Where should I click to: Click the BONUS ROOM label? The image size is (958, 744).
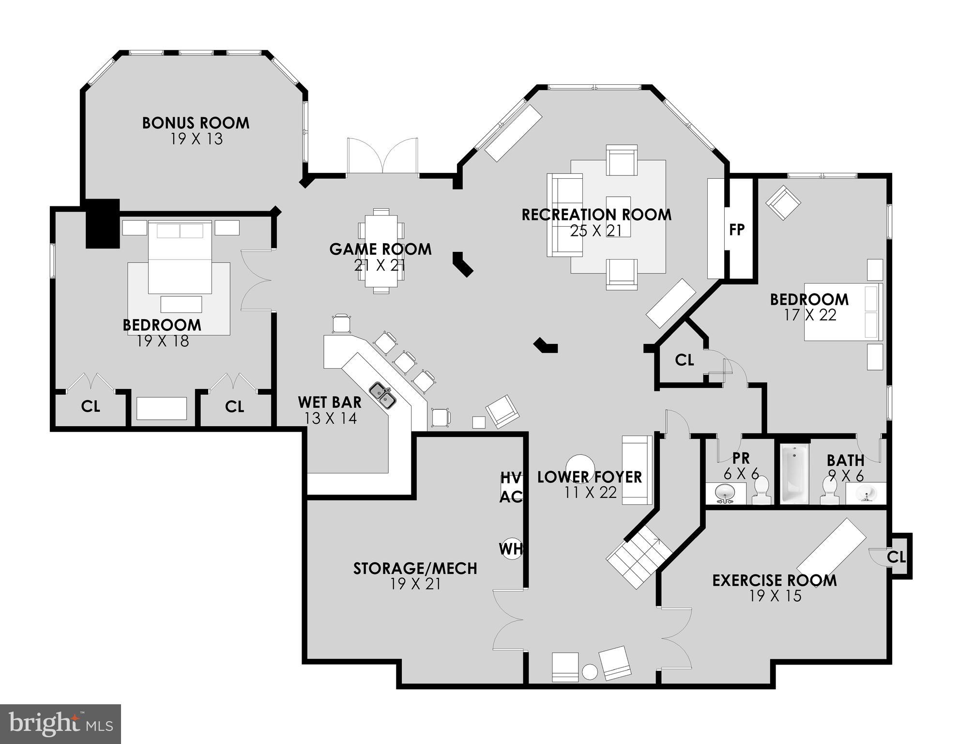click(x=196, y=123)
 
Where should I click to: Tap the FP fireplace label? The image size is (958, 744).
click(x=736, y=230)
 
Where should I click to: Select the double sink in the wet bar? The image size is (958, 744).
click(x=383, y=395)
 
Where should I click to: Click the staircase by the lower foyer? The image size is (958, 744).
click(x=639, y=557)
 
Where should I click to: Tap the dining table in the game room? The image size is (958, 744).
click(x=381, y=251)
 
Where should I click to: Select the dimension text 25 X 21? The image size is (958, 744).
click(x=596, y=231)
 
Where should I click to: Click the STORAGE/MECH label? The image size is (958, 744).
click(x=415, y=568)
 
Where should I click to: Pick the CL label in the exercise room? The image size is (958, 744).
click(x=896, y=558)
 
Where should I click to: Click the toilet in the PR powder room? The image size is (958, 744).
click(x=761, y=490)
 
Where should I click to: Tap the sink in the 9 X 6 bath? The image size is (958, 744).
click(x=866, y=494)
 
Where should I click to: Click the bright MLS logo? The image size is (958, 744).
click(x=60, y=724)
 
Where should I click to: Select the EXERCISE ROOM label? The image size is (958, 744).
click(x=774, y=580)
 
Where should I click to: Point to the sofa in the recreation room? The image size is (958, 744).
click(x=564, y=215)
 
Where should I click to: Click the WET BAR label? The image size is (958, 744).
click(x=329, y=402)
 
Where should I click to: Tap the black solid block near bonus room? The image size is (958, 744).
click(x=103, y=223)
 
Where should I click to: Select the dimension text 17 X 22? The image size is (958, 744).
click(x=810, y=315)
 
